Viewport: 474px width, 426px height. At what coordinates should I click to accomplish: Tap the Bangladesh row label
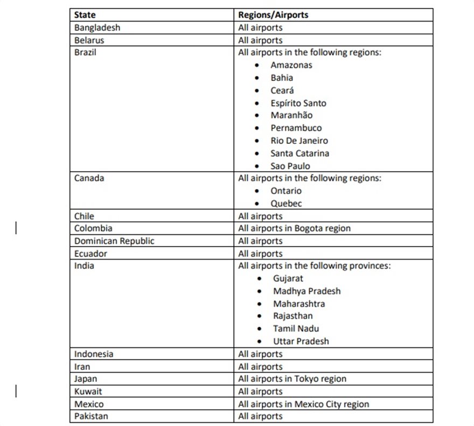click(x=97, y=27)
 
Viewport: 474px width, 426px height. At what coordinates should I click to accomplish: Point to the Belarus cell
click(x=89, y=40)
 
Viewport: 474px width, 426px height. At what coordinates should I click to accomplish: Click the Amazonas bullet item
click(x=291, y=65)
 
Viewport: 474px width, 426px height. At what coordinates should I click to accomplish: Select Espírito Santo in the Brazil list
click(x=298, y=103)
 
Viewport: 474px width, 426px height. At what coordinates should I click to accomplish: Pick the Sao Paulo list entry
click(x=290, y=166)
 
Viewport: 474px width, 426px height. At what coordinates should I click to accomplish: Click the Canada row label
click(x=89, y=178)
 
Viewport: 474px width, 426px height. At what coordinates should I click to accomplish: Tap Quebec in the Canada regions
click(x=286, y=204)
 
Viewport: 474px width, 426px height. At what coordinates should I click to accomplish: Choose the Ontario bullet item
click(x=286, y=191)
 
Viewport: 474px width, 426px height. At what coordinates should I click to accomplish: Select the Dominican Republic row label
click(x=114, y=241)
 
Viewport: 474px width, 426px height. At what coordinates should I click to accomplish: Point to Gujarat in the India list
click(x=288, y=278)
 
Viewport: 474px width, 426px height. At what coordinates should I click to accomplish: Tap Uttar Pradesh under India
click(x=301, y=341)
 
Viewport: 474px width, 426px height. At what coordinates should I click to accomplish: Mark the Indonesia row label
click(x=94, y=354)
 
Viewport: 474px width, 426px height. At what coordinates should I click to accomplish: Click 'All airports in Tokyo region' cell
click(x=292, y=379)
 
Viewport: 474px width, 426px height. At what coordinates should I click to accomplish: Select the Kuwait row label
click(x=88, y=392)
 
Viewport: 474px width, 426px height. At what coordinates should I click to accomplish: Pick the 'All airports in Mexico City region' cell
click(x=303, y=404)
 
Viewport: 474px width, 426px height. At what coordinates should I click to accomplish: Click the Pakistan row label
click(x=91, y=416)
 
